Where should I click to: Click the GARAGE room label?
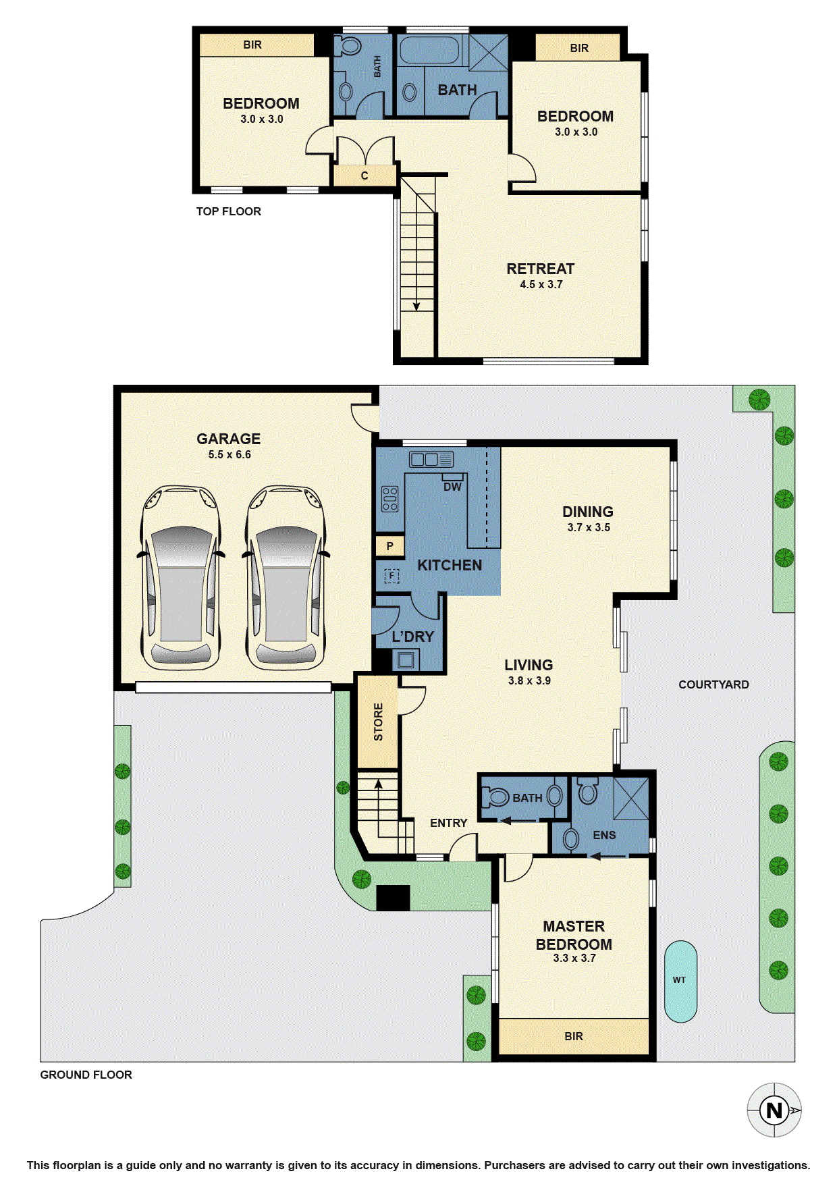point(228,439)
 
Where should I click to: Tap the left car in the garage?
point(181,578)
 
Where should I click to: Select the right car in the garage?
point(286,578)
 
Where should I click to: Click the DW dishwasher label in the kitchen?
point(452,487)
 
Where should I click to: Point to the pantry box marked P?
point(389,546)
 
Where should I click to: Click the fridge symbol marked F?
point(391,576)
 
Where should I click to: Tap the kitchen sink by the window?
point(431,460)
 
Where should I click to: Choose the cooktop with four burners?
point(390,499)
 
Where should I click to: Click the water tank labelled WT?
point(680,981)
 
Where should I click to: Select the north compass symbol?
point(774,1110)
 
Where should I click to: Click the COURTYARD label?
point(713,684)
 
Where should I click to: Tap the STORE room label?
point(378,722)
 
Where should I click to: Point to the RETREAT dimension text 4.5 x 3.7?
point(541,285)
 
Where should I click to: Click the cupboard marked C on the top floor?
point(364,176)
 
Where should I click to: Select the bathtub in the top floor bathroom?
point(429,51)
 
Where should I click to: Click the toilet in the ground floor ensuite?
point(588,790)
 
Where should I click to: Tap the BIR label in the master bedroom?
point(574,1036)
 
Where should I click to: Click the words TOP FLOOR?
point(228,211)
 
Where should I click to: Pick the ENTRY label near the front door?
point(448,823)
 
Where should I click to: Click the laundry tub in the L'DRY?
point(406,660)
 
